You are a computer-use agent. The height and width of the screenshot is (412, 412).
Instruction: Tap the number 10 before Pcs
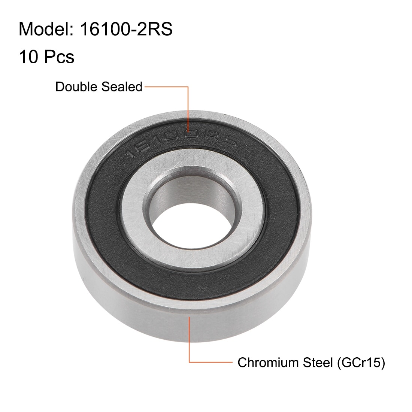28,57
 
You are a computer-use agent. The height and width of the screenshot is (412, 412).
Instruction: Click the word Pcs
59,57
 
